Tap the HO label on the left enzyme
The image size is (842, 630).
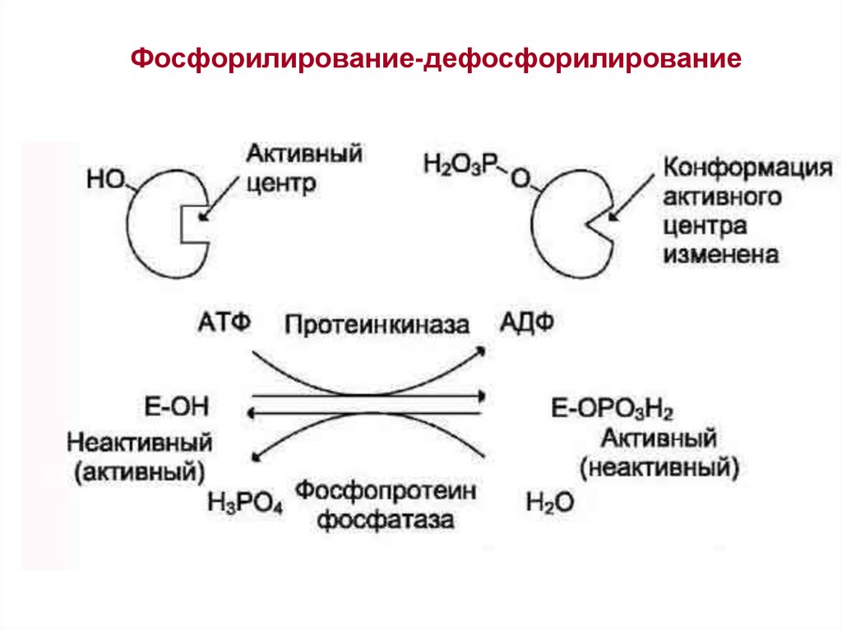pyautogui.click(x=104, y=177)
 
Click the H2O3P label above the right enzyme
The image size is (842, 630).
pyautogui.click(x=456, y=163)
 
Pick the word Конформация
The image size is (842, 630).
pyautogui.click(x=743, y=168)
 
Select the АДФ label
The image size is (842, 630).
pyautogui.click(x=526, y=322)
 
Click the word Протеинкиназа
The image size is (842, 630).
pyautogui.click(x=377, y=324)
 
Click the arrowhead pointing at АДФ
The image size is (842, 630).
pyautogui.click(x=479, y=350)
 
